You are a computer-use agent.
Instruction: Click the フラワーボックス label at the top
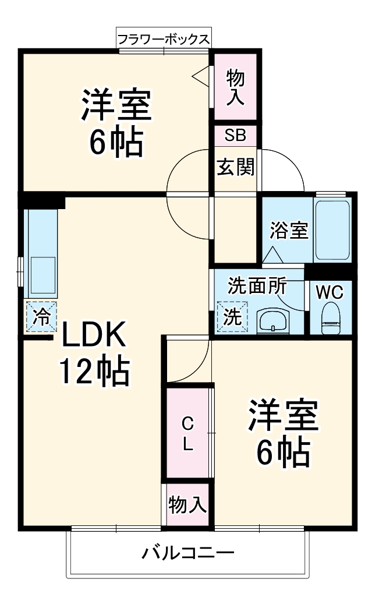163,40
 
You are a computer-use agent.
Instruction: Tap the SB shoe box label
236,135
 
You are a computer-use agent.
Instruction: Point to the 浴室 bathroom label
288,231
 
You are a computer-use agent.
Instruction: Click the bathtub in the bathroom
332,229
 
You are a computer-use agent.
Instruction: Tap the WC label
330,291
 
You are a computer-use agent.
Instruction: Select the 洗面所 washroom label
257,286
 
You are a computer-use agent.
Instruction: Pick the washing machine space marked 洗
232,317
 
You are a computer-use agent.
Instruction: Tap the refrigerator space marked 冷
41,316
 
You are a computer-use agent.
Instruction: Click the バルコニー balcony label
187,552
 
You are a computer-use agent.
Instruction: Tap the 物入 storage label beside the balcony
187,505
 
